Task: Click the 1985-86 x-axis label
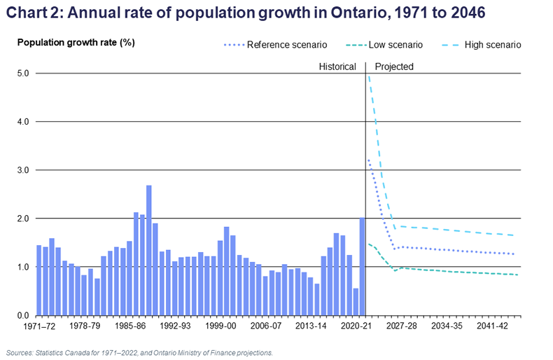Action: pyautogui.click(x=129, y=327)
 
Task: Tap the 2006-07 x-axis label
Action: pyautogui.click(x=266, y=327)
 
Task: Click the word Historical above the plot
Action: pyautogui.click(x=337, y=67)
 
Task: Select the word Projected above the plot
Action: pyautogui.click(x=394, y=67)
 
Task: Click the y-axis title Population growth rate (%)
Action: pyautogui.click(x=76, y=42)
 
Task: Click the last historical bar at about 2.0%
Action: pyautogui.click(x=362, y=266)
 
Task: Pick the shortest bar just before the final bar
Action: pyautogui.click(x=356, y=302)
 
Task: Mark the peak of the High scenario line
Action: pyautogui.click(x=368, y=75)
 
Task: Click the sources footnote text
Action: pyautogui.click(x=138, y=352)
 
